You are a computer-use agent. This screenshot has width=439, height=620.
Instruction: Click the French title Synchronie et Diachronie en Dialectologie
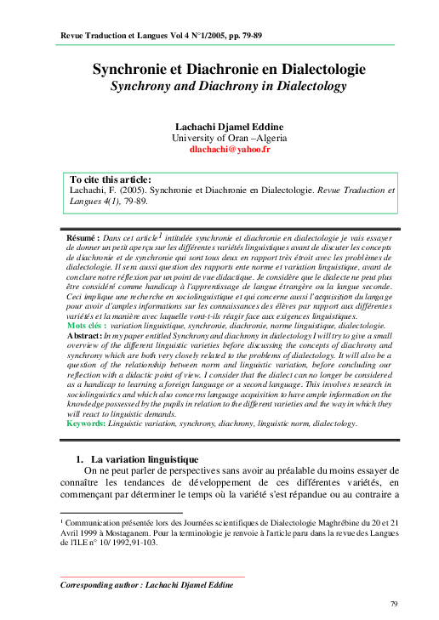229,69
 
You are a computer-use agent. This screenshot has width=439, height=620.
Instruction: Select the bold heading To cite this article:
111,179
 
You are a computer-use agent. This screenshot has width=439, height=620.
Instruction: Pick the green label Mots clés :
88,326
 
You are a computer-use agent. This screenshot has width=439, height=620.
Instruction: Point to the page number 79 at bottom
394,603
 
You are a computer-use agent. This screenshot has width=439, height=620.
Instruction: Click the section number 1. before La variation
82,459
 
